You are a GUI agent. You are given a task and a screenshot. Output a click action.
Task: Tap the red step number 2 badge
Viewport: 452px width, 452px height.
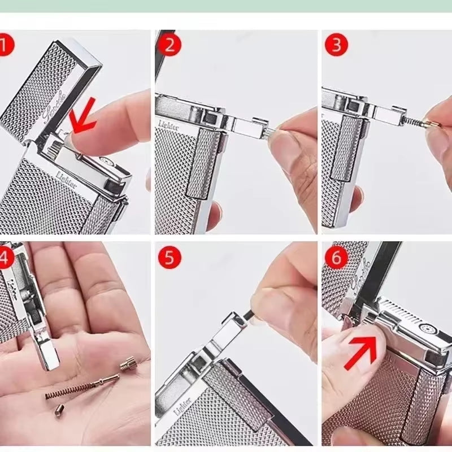point(169,45)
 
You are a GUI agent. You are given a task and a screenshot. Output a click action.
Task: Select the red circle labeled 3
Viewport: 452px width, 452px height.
point(336,45)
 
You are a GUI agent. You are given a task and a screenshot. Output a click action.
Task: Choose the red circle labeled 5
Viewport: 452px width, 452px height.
point(169,258)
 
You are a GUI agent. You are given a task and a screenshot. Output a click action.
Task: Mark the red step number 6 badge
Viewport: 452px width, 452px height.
point(337,258)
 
